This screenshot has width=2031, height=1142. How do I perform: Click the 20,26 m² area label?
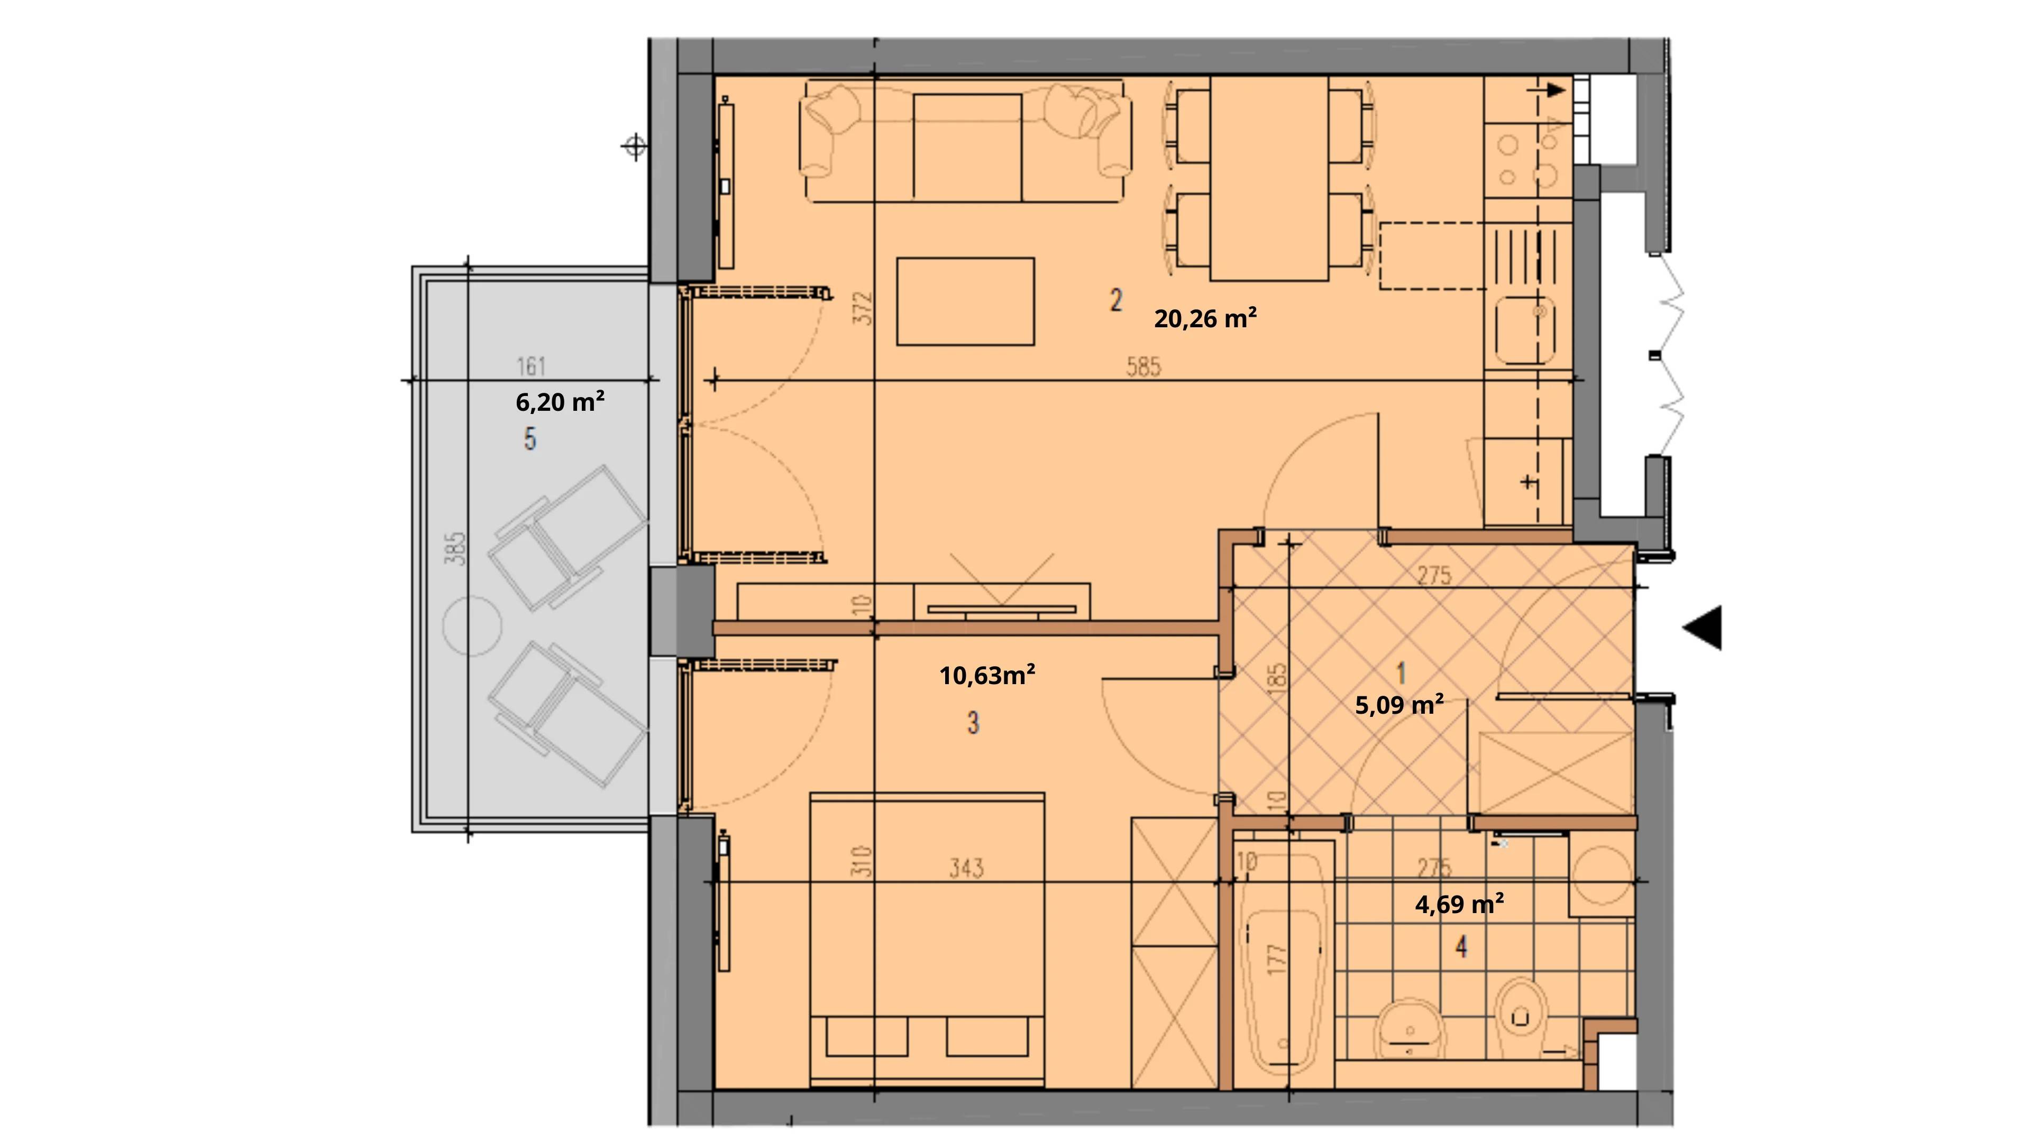coord(1205,318)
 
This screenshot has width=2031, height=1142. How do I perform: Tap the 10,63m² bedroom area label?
coord(987,676)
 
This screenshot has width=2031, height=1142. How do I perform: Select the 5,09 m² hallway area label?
coord(1399,705)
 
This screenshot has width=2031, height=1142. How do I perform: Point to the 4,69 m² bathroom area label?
coord(1459,904)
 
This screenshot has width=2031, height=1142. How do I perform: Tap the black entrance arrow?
coord(1703,628)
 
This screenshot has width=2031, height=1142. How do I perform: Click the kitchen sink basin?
coord(1523,329)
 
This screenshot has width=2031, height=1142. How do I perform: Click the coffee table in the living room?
coord(965,301)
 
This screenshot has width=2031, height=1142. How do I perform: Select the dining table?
coord(1269,178)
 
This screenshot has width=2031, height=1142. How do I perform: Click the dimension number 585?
coord(1143,366)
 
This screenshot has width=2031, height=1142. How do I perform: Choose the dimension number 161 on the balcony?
coord(532,366)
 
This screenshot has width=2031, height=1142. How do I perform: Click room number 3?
coord(973,723)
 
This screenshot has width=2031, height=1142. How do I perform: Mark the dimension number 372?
coord(864,308)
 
